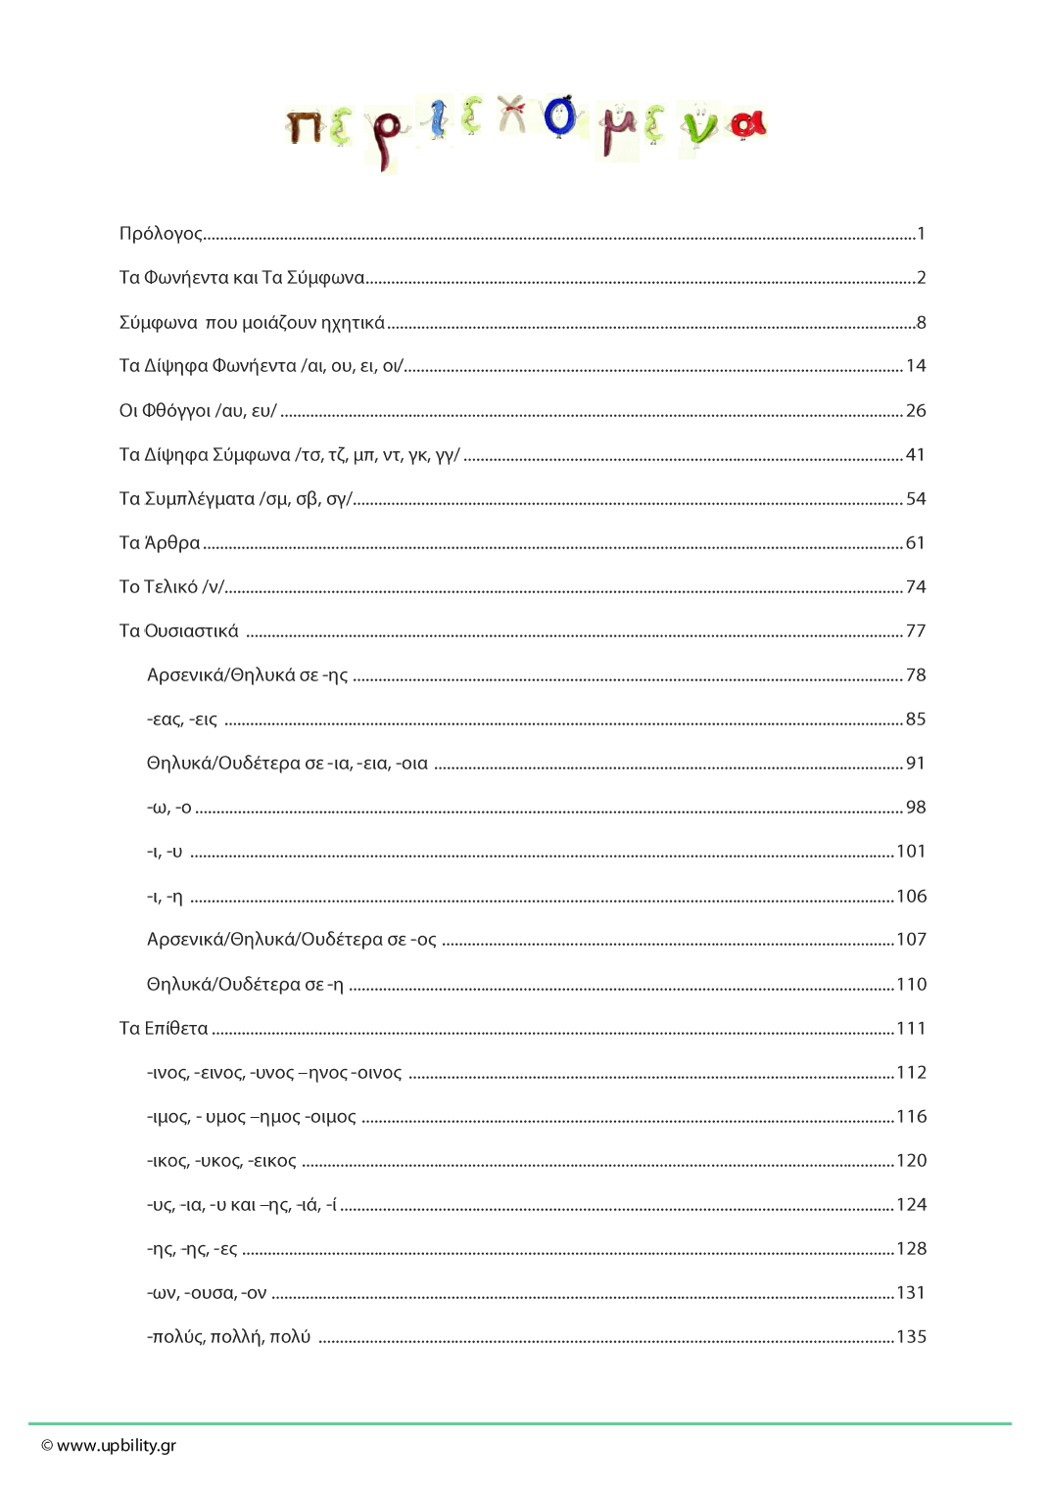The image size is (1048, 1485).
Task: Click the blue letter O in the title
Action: [559, 116]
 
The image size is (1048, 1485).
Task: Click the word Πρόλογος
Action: [160, 234]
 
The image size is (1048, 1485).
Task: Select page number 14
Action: [916, 366]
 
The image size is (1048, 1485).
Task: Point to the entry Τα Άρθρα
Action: [160, 543]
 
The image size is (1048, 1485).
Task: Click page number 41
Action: [916, 455]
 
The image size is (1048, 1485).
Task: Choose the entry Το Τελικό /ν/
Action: [171, 587]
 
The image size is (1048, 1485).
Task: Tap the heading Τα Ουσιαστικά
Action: [178, 631]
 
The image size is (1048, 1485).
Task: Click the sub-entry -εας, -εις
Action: [182, 719]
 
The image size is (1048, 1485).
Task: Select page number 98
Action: [916, 808]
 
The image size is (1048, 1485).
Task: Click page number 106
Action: [912, 897]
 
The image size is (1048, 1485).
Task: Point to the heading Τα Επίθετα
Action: [164, 1029]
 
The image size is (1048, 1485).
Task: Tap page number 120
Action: [912, 1161]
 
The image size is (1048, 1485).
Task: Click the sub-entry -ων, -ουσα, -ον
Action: [207, 1293]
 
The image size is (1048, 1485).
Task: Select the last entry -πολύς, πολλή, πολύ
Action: [228, 1337]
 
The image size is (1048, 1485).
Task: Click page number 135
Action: [912, 1337]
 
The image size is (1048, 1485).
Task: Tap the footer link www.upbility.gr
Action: [117, 1446]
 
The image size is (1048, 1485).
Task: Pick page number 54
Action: [916, 499]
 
